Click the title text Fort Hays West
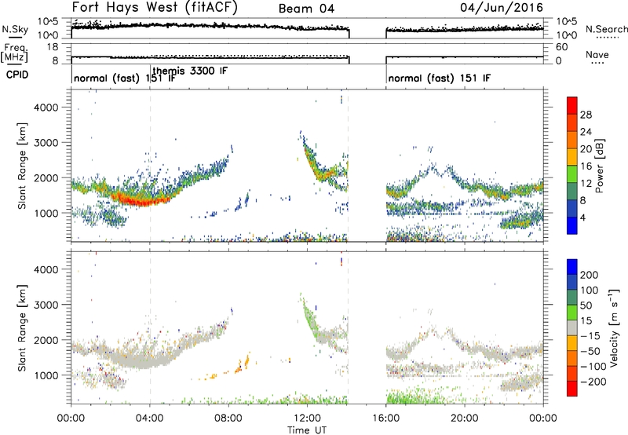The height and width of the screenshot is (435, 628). (x=125, y=7)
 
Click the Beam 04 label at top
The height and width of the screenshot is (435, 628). (x=306, y=9)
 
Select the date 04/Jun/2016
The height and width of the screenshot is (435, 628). (x=502, y=7)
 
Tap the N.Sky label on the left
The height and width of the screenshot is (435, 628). (x=15, y=29)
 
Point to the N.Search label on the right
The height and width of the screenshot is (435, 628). (x=607, y=29)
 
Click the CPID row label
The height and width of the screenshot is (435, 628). (x=17, y=75)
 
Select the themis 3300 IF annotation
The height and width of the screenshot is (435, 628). (x=190, y=71)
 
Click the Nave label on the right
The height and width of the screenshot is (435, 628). (x=597, y=54)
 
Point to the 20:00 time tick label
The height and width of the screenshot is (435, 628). (x=465, y=419)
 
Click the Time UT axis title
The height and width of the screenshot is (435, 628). (x=307, y=430)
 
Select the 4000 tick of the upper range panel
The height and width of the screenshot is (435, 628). (x=46, y=108)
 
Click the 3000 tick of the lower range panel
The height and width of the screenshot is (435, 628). (x=46, y=305)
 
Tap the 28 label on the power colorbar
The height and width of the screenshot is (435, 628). (x=586, y=115)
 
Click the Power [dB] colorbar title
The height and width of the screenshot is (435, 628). (x=599, y=166)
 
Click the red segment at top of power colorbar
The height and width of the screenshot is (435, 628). (x=572, y=106)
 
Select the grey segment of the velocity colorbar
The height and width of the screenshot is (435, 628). (x=572, y=328)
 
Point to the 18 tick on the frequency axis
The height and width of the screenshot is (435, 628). (x=53, y=47)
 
